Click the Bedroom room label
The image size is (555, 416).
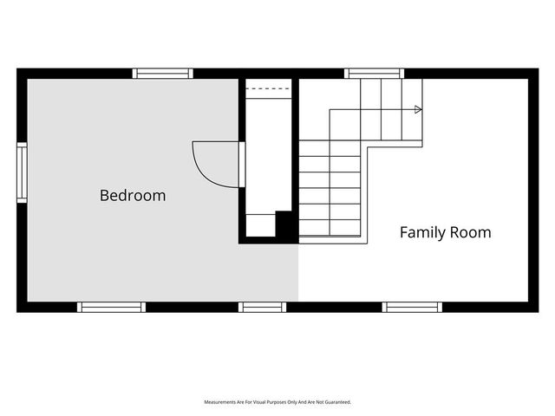tap(133, 196)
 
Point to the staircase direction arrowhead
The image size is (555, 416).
tap(418, 109)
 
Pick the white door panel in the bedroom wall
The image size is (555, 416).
tap(242, 165)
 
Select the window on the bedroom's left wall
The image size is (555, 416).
tap(22, 172)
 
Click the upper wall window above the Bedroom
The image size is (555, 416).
tap(163, 73)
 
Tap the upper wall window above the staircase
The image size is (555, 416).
tap(374, 73)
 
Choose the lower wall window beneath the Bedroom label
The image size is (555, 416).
tap(112, 307)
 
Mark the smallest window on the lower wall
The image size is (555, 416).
tap(262, 307)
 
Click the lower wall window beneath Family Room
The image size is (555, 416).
tap(412, 307)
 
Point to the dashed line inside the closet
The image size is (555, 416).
tap(269, 88)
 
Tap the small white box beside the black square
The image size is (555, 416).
tap(261, 225)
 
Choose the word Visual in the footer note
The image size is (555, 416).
tap(259, 402)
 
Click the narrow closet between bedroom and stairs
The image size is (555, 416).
tap(269, 156)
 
